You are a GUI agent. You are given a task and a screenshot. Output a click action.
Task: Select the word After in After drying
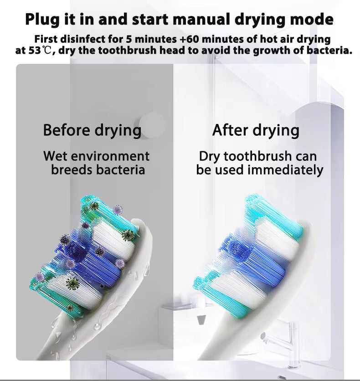point(229,130)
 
